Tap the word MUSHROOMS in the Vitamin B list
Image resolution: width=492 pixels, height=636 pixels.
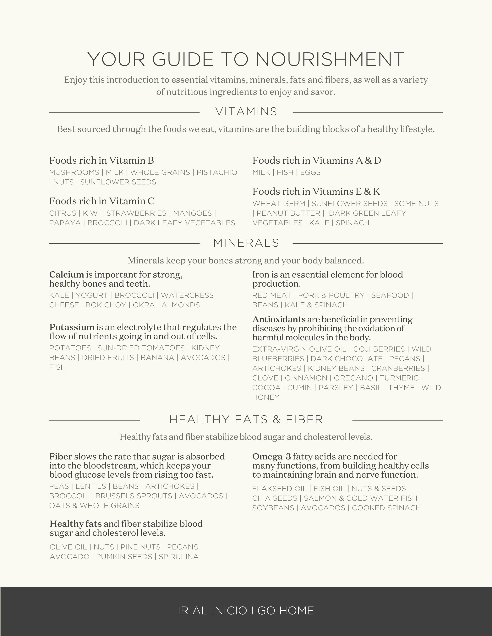coord(74,172)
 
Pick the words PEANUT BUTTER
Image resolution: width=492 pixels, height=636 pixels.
coord(288,213)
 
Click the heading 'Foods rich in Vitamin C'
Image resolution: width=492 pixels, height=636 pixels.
coord(101,201)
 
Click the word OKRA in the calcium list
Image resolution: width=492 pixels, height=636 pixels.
coord(144,305)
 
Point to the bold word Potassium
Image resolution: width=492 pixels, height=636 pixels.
coord(72,327)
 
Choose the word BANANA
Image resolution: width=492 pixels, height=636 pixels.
coord(157,358)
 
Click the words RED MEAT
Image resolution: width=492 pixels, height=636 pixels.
coord(272,295)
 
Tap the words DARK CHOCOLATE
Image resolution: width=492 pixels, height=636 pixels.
coord(346,359)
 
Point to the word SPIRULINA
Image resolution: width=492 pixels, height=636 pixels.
coord(178,557)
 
